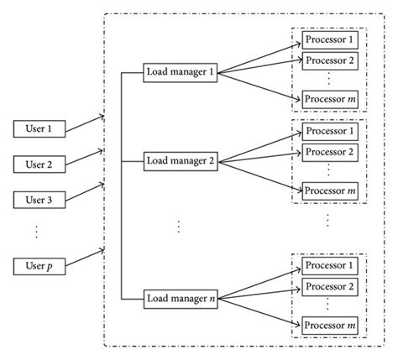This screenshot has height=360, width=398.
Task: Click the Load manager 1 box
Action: tap(181, 72)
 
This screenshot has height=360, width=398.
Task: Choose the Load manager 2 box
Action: tap(181, 159)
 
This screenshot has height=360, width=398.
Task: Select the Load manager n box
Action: tap(181, 296)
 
